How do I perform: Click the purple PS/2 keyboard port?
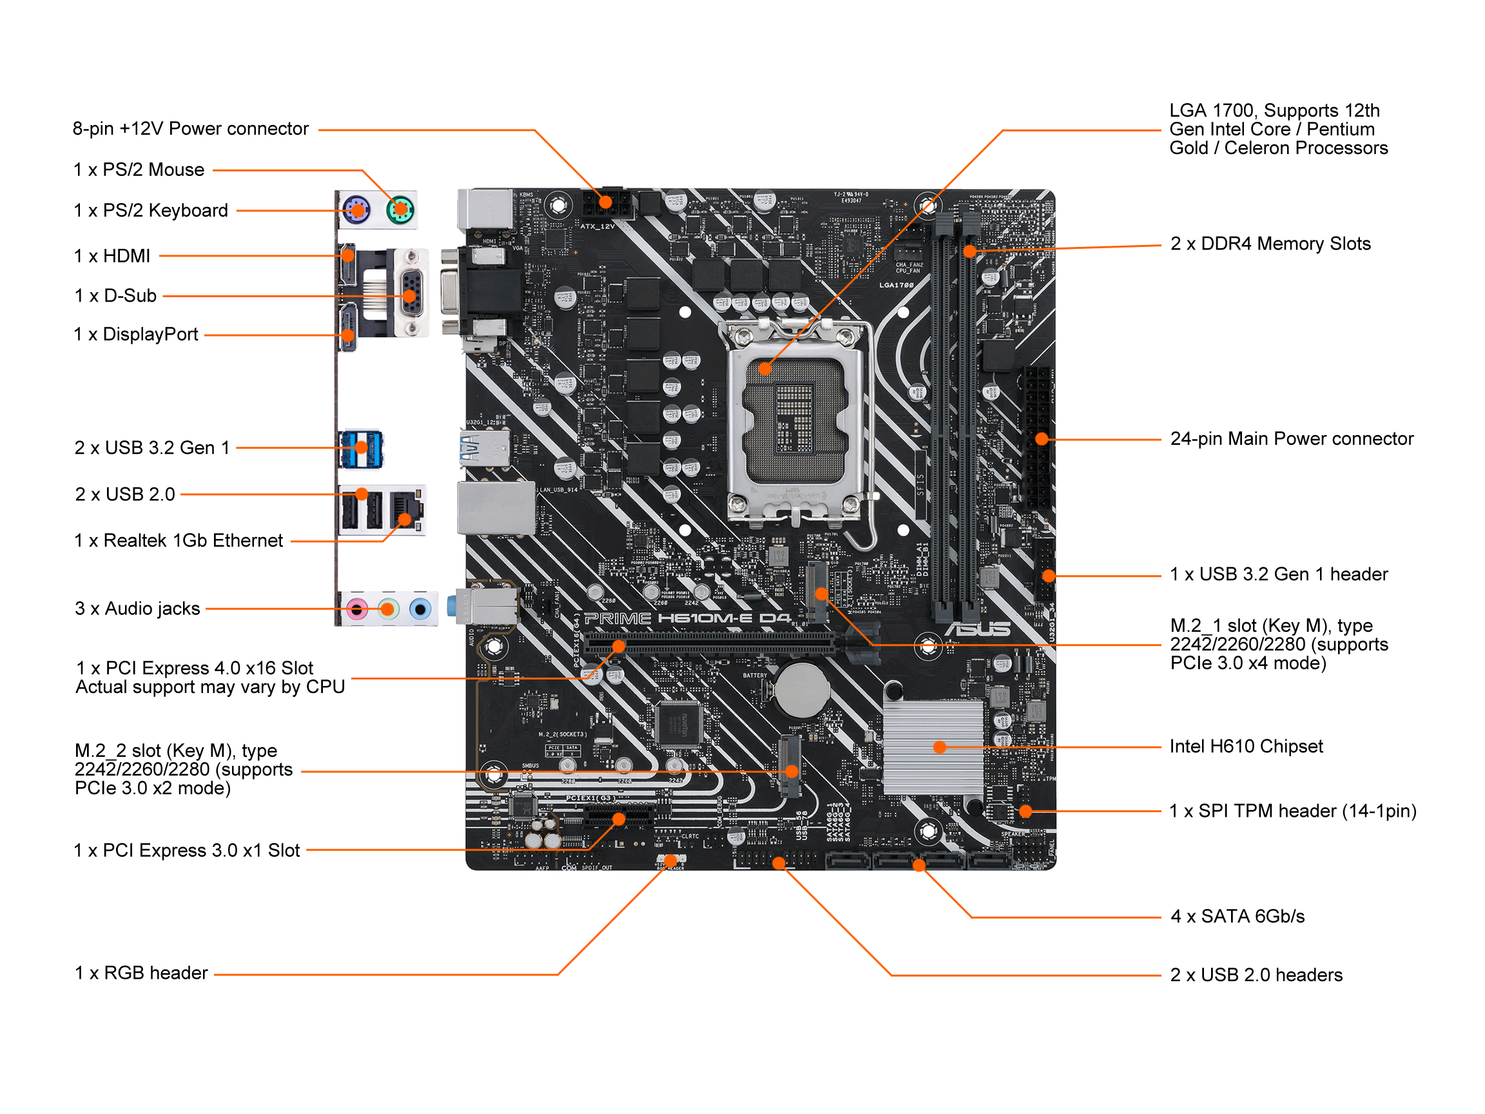[356, 210]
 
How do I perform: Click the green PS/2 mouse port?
[400, 210]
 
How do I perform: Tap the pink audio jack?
[357, 610]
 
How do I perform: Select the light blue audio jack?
[420, 610]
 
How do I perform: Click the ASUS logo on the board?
[978, 629]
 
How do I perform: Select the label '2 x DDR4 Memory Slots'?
[1270, 244]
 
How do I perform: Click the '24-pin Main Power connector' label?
[1292, 439]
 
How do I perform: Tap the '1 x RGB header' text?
[141, 973]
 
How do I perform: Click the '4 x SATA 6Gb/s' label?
[1237, 917]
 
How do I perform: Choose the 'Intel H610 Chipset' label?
[1246, 747]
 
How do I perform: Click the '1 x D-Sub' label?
[115, 295]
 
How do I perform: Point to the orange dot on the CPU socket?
[764, 369]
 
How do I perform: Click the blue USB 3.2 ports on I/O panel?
[361, 449]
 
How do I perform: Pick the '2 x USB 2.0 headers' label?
[1256, 975]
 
